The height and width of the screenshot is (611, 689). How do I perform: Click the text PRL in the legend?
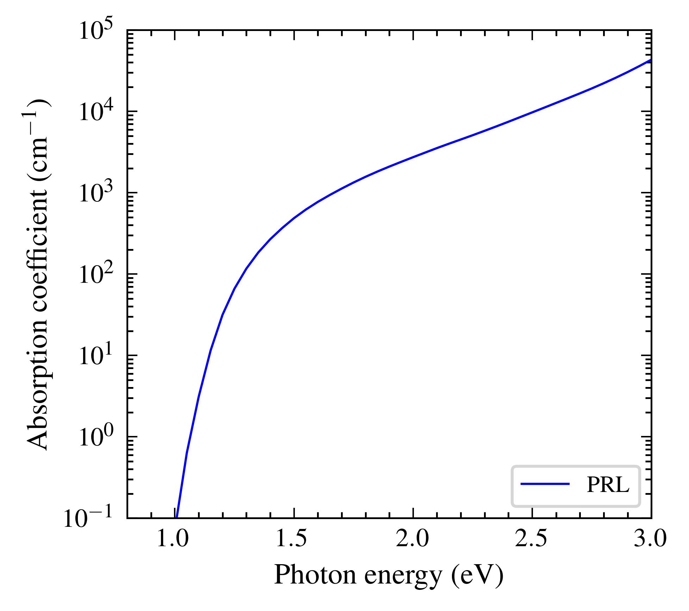point(608,485)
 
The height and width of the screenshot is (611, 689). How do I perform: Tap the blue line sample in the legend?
point(545,484)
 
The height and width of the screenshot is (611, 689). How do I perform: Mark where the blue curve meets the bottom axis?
point(177,517)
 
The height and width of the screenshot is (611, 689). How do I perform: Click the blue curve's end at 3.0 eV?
point(650,61)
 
